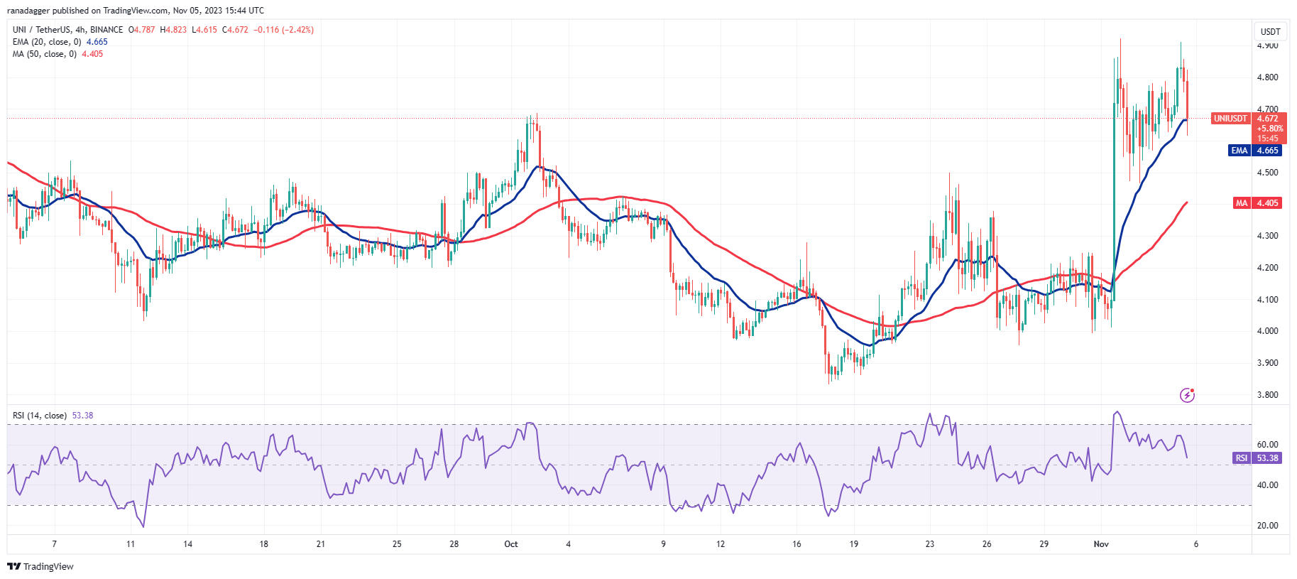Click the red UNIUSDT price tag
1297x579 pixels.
[1230, 119]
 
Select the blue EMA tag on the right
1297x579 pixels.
[1239, 151]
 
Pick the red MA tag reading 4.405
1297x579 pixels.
[1241, 203]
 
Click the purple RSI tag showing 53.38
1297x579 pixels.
[1241, 458]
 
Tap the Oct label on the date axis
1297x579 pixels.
[511, 544]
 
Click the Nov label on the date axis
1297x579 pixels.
[1101, 544]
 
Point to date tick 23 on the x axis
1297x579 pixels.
[930, 544]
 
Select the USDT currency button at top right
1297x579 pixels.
[1270, 31]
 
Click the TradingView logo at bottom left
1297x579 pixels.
[40, 566]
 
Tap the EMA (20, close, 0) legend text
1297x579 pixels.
[47, 42]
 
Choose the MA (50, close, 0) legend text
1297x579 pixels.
[45, 54]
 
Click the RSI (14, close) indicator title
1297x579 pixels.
[40, 416]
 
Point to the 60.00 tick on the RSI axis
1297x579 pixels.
[1267, 445]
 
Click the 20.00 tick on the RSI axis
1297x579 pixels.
[1267, 526]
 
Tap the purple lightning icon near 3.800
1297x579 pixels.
[1187, 395]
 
